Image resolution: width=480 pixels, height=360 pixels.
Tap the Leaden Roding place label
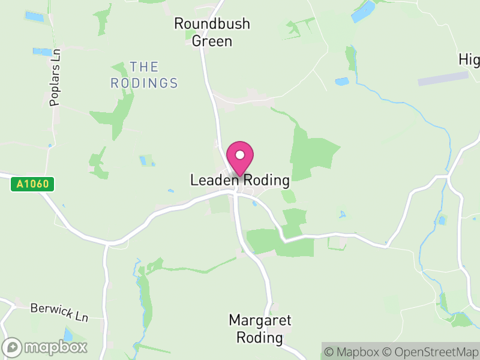pyautogui.click(x=240, y=180)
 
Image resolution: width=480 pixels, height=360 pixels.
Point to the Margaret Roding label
pyautogui.click(x=260, y=329)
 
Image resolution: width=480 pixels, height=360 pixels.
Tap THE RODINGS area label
pyautogui.click(x=144, y=75)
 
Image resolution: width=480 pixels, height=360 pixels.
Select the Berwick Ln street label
pyautogui.click(x=59, y=312)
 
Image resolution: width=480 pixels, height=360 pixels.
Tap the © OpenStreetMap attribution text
pyautogui.click(x=431, y=352)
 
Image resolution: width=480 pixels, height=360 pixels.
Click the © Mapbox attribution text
pyautogui.click(x=353, y=352)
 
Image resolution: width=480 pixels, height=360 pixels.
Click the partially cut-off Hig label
pyautogui.click(x=469, y=60)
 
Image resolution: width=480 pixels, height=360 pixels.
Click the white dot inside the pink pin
pyautogui.click(x=240, y=155)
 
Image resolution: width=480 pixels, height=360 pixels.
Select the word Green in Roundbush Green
pyautogui.click(x=211, y=41)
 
